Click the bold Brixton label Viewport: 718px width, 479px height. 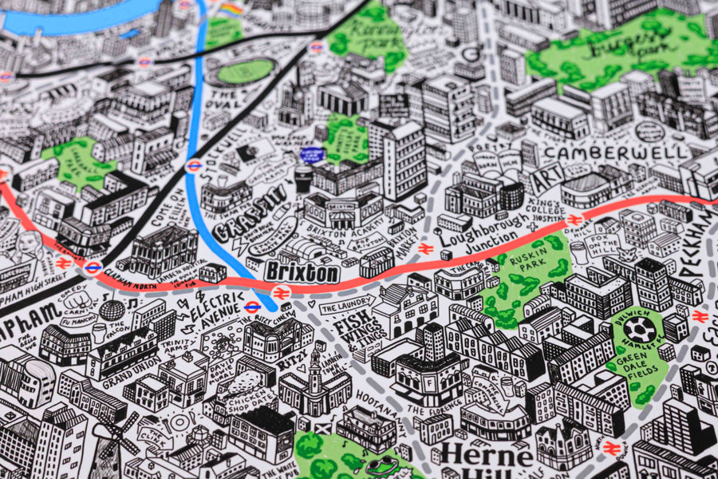click(x=302, y=272)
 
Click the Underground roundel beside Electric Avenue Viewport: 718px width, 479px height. click(x=253, y=307)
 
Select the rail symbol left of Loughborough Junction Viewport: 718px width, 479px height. click(x=425, y=249)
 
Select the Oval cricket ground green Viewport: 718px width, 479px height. click(x=245, y=72)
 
